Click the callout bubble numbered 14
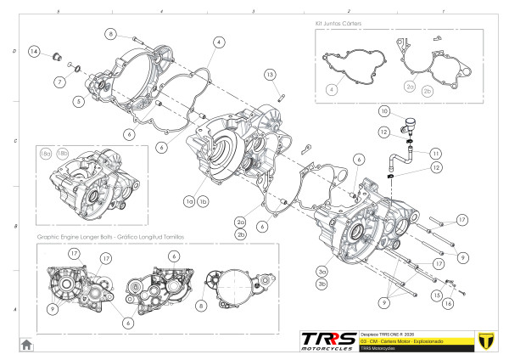pyautogui.click(x=33, y=52)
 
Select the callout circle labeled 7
pyautogui.click(x=59, y=82)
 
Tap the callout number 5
pyautogui.click(x=77, y=102)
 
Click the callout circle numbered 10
pyautogui.click(x=384, y=112)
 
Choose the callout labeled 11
pyautogui.click(x=435, y=153)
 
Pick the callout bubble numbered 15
pyautogui.click(x=437, y=295)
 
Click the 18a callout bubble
pyautogui.click(x=46, y=154)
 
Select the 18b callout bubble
pyautogui.click(x=62, y=154)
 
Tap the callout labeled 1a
pyautogui.click(x=190, y=202)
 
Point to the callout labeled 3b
pyautogui.click(x=322, y=283)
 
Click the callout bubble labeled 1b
pyautogui.click(x=204, y=202)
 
